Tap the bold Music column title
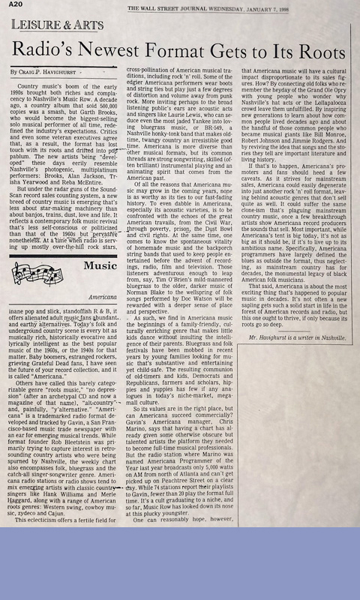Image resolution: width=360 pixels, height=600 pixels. tap(100, 265)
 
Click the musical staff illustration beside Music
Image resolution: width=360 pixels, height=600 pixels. tap(44, 266)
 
